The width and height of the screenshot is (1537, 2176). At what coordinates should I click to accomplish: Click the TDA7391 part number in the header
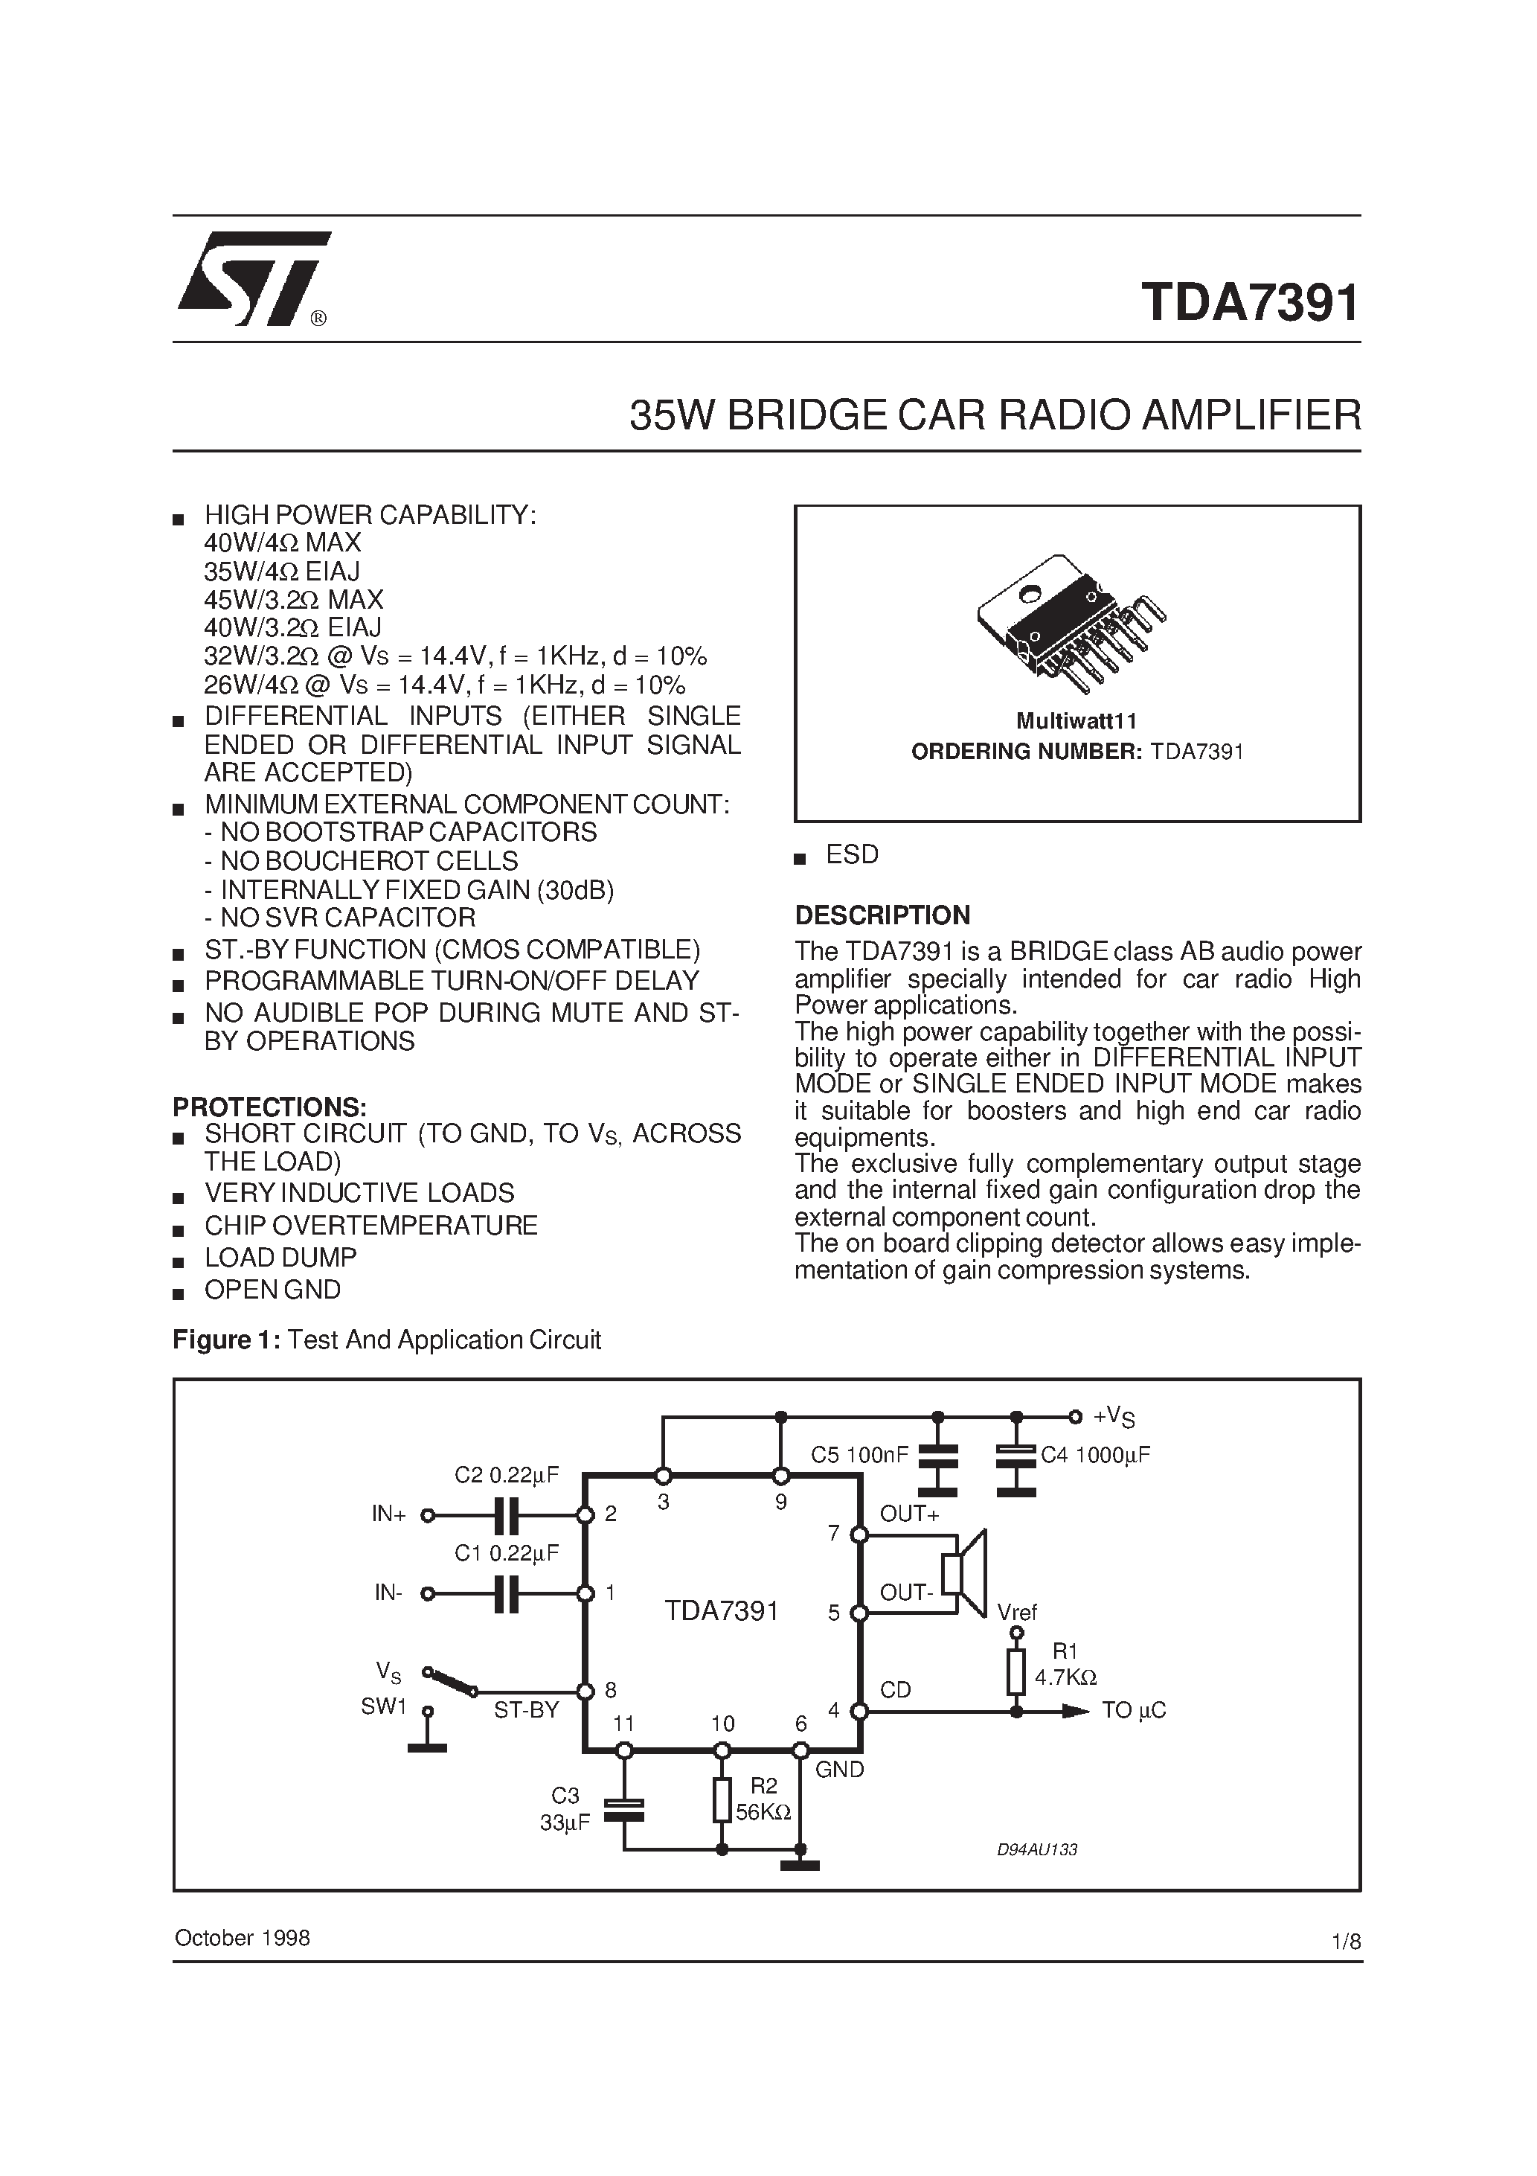click(1250, 304)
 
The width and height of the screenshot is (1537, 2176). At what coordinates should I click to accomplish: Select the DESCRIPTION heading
click(882, 915)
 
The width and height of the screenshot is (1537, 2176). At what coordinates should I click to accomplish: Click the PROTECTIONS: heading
click(269, 1107)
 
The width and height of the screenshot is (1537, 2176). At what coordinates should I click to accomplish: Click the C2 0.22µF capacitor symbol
click(507, 1515)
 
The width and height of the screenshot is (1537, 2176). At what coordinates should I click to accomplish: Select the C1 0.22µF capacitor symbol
click(507, 1594)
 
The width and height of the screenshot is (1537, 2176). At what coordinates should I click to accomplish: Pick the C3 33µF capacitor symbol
click(623, 1810)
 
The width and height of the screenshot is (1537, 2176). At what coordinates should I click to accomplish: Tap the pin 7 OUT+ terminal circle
click(859, 1535)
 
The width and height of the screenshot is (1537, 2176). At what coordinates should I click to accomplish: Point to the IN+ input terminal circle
click(427, 1515)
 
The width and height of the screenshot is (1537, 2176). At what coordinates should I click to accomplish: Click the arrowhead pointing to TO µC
click(1076, 1712)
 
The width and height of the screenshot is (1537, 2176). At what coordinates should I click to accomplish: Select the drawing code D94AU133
click(1036, 1849)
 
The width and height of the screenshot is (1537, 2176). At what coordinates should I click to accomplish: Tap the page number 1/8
click(1346, 1941)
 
